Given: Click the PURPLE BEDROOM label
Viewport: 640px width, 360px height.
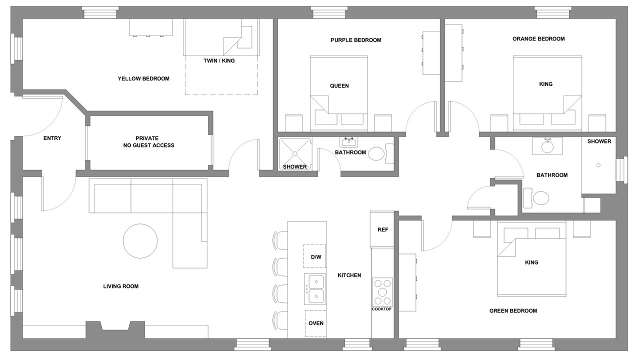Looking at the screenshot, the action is [355, 40].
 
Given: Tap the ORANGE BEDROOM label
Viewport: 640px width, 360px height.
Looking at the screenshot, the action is [538, 39].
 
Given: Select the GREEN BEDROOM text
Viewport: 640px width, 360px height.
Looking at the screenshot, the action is [513, 310].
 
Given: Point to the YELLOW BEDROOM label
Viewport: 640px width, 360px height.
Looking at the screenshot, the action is [143, 78].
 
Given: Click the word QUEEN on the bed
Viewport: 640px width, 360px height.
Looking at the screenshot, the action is [339, 85].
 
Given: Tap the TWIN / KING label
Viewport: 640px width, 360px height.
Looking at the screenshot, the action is [219, 60].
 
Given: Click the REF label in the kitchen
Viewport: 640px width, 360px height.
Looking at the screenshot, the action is [383, 229].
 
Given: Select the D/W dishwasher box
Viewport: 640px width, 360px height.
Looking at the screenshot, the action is [314, 256].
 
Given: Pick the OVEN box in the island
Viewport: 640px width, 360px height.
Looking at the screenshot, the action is [315, 323].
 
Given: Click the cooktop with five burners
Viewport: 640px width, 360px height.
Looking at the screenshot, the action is [382, 292].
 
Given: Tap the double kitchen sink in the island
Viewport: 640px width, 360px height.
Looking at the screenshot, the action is [315, 289].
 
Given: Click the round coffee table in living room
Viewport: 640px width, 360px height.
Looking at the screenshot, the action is [140, 241].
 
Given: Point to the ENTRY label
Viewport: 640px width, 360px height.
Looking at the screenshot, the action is [52, 138].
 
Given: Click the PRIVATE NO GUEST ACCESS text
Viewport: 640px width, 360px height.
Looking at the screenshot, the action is [148, 141].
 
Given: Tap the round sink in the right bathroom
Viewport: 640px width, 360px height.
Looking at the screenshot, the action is [547, 147].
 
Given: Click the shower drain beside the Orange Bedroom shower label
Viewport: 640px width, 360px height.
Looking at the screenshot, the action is [598, 165].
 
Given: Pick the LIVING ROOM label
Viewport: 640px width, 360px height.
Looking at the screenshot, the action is [121, 286].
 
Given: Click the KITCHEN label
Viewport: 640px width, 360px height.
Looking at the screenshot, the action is [349, 275].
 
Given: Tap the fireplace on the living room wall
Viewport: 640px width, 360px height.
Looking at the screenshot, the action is [115, 329].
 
